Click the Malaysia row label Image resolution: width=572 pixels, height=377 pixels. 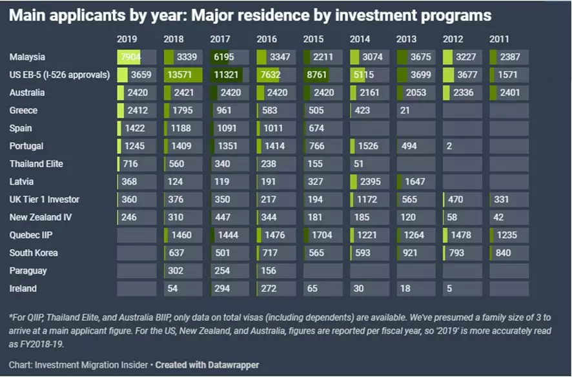27,57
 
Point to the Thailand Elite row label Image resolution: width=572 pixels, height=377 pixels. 37,164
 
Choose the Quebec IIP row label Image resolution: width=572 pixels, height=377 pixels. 32,236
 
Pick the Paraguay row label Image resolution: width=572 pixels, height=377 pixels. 28,271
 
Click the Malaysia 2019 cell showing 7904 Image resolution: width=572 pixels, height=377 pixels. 136,57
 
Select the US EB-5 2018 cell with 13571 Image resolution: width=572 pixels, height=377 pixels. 183,75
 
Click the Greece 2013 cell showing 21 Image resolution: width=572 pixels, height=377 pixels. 415,110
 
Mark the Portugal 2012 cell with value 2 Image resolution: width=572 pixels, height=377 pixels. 462,147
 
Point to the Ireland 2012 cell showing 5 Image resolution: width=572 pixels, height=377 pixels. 462,289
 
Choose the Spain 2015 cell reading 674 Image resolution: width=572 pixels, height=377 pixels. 322,128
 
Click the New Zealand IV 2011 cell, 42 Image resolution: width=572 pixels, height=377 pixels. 509,218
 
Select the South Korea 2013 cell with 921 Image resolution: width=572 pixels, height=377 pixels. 415,253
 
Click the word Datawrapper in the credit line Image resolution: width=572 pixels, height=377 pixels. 230,365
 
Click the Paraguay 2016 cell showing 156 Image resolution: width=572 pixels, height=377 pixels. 276,271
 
